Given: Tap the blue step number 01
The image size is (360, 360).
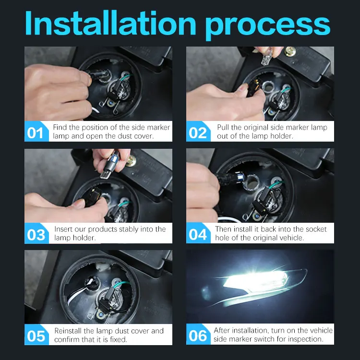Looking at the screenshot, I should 36,132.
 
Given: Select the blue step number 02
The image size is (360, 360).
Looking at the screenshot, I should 198,132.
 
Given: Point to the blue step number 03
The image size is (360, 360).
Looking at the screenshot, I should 36,234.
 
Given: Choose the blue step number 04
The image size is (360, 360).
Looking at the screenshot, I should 198,234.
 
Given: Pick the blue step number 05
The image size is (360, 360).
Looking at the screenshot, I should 36,335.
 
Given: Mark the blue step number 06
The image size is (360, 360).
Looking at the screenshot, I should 198,335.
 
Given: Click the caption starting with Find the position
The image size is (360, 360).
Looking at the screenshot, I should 111,132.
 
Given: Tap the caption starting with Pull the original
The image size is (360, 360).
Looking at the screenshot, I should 272,132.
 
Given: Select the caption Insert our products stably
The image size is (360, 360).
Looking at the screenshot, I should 110,233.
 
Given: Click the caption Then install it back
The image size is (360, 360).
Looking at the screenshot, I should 271,233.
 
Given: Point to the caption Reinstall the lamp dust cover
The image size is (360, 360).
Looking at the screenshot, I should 109,335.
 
